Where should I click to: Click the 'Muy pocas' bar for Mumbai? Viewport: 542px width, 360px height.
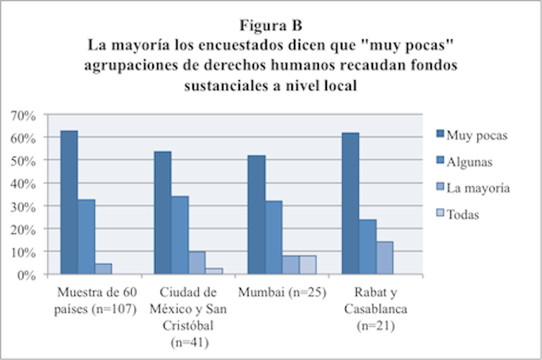(256, 214)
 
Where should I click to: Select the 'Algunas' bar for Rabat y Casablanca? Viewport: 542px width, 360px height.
(367, 246)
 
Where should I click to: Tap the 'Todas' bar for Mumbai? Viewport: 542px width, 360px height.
(307, 264)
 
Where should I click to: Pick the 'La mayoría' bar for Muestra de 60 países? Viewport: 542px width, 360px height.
(103, 268)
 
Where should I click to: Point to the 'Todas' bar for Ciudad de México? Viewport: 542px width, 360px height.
(214, 271)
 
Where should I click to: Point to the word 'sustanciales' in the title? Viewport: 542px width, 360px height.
(226, 86)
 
